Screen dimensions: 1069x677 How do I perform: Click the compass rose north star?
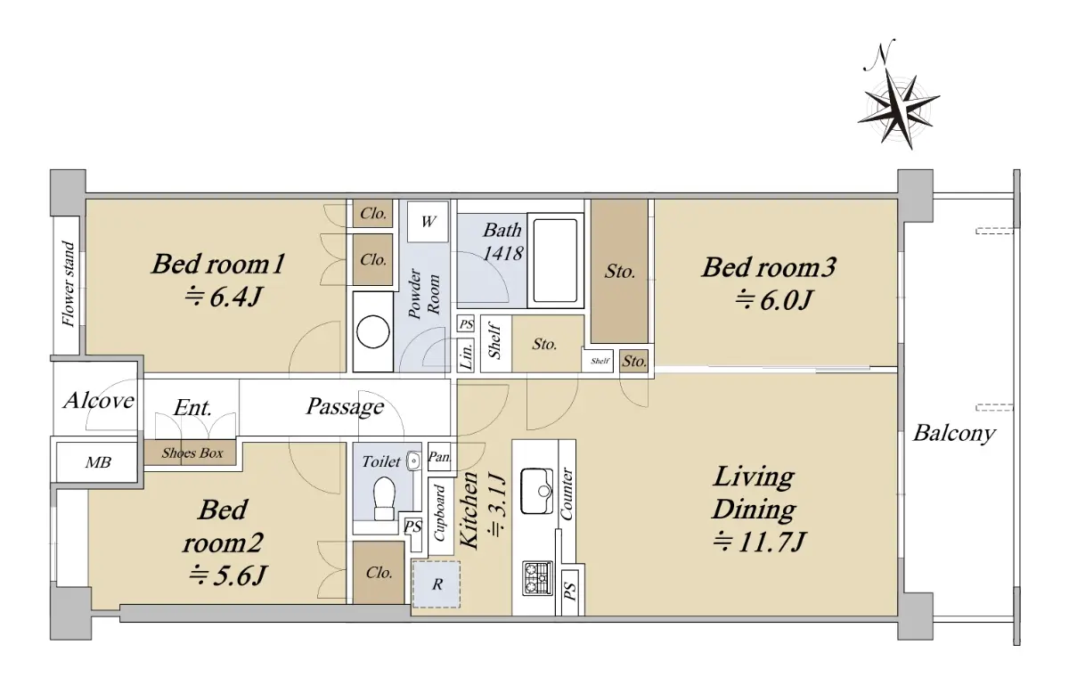(x=899, y=109)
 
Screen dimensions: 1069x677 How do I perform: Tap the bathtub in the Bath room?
(x=555, y=260)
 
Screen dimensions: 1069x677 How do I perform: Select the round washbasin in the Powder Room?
(x=373, y=331)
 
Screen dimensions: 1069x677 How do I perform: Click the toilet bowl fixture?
(x=384, y=498)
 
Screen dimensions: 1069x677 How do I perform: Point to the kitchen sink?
(x=537, y=491)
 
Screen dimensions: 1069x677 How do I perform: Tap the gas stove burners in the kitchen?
(x=538, y=578)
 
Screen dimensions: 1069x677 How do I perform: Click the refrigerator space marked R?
(x=437, y=584)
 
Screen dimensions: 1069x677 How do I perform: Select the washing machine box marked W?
(x=428, y=222)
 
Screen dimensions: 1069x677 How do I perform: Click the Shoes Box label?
(x=192, y=453)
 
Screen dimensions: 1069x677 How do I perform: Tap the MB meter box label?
(x=98, y=462)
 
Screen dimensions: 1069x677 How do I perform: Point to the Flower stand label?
(x=69, y=284)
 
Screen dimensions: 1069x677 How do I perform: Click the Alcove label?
(x=99, y=401)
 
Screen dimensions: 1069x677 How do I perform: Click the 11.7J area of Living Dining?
(x=760, y=542)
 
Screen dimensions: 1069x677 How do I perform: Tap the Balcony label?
(x=954, y=434)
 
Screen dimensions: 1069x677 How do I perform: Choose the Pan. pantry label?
(x=439, y=457)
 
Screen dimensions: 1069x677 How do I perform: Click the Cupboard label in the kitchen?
(x=439, y=513)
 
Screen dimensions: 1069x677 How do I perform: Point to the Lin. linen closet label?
(x=466, y=355)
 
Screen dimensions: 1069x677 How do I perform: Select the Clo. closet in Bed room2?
(x=379, y=573)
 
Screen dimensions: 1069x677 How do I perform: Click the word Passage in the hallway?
(x=345, y=407)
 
